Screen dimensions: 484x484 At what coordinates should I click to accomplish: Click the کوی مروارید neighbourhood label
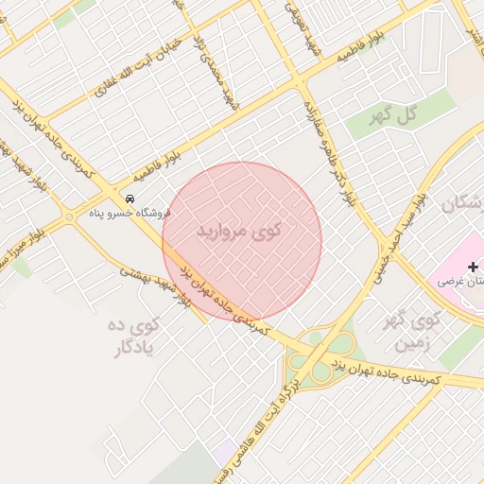(x=241, y=232)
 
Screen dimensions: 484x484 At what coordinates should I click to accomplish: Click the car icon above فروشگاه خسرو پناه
(x=130, y=199)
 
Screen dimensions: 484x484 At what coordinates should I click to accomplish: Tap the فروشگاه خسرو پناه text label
(x=122, y=214)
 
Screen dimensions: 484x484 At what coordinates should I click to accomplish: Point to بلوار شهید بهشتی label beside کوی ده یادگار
(x=157, y=283)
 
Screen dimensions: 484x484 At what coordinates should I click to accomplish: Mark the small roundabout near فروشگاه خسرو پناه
(x=70, y=217)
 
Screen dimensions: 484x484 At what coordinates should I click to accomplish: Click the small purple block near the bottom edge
(x=225, y=453)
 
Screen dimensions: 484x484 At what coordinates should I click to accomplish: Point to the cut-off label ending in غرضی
(x=462, y=283)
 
